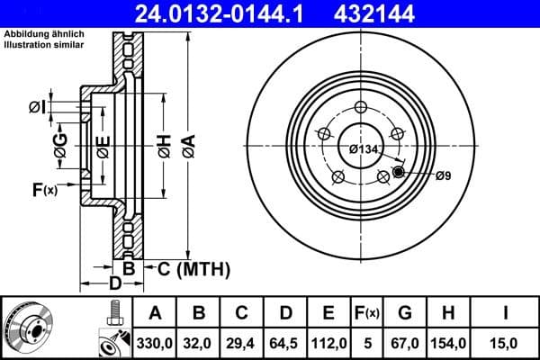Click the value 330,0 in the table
coord(155,342)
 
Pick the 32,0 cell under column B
coord(199,342)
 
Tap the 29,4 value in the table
coord(242,342)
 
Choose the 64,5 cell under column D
coord(285,342)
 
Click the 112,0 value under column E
coord(328,342)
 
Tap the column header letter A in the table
coord(155,314)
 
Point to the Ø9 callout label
coord(442,176)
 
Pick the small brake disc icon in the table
coord(29,328)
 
